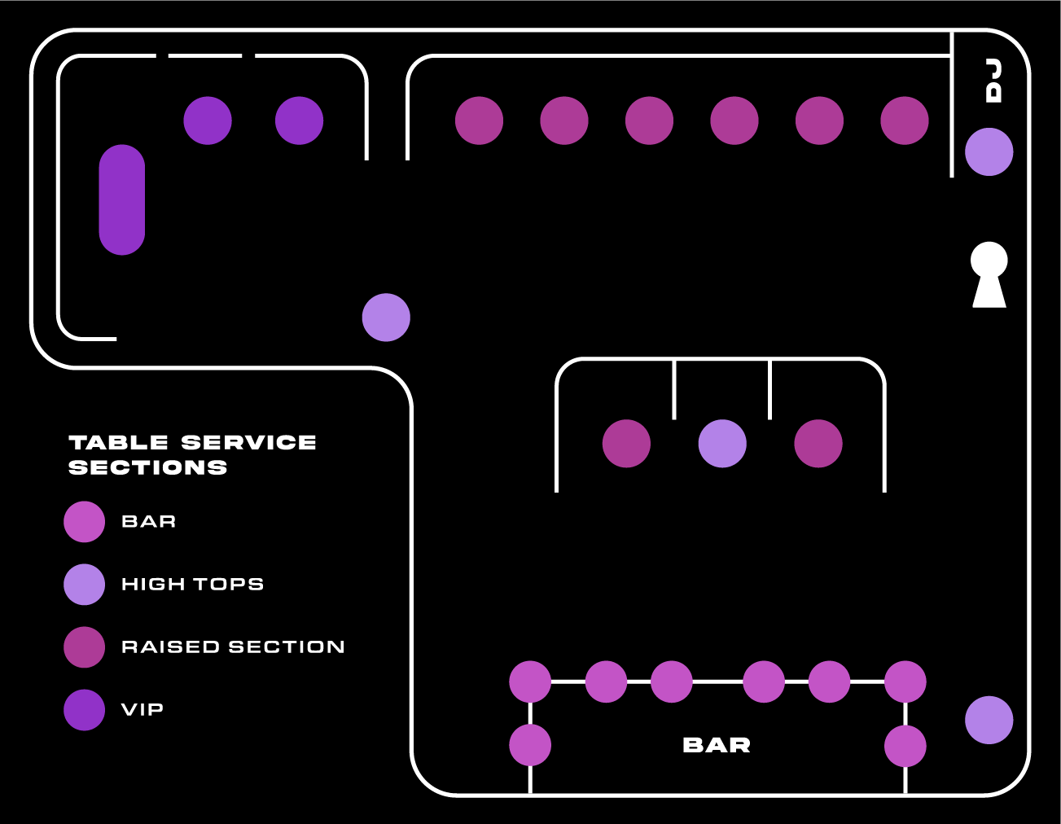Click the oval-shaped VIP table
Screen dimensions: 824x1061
(x=122, y=199)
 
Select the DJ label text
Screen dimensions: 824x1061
(x=993, y=81)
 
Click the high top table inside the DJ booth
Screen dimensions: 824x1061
(x=989, y=151)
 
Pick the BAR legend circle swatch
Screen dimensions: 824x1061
(x=85, y=522)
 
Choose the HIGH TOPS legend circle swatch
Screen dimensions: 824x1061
(x=85, y=585)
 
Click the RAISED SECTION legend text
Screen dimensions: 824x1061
(x=233, y=647)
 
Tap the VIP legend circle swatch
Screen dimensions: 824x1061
(x=85, y=710)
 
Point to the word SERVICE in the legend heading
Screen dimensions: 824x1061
(x=248, y=443)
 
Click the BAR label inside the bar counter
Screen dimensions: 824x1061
(x=717, y=745)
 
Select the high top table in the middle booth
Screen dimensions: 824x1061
(x=722, y=444)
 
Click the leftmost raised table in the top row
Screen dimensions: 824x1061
(x=479, y=121)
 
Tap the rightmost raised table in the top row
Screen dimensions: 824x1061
(x=905, y=121)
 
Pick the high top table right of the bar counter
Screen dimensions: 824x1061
(x=989, y=720)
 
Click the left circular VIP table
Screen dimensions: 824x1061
(x=208, y=121)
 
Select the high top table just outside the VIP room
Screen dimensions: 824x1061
(x=386, y=318)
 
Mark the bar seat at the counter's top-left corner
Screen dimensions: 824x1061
(x=530, y=682)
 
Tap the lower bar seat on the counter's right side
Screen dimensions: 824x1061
(x=905, y=746)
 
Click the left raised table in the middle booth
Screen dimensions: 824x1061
(x=626, y=444)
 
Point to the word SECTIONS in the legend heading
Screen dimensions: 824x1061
(x=148, y=468)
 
